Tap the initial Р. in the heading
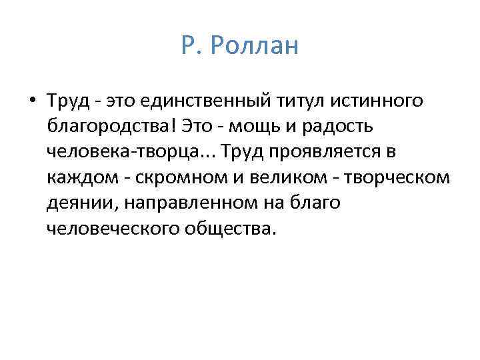[x=189, y=46]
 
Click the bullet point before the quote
[x=33, y=101]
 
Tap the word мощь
[x=265, y=127]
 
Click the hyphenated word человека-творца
[x=123, y=152]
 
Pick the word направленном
[x=187, y=203]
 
